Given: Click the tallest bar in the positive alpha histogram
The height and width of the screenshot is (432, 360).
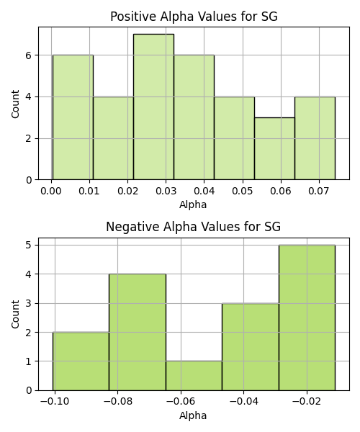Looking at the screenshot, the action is click(x=153, y=107).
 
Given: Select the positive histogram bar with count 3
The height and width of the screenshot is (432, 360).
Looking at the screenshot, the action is click(x=274, y=149).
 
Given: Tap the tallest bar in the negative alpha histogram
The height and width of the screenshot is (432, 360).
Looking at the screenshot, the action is click(x=307, y=318).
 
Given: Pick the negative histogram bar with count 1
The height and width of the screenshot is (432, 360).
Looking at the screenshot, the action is click(x=194, y=376).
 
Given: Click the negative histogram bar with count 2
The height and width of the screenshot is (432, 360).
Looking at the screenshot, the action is click(x=81, y=361).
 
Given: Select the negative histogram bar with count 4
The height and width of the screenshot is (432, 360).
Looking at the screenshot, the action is click(x=138, y=332).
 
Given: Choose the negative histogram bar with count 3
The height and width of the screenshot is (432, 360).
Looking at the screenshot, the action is click(x=251, y=347).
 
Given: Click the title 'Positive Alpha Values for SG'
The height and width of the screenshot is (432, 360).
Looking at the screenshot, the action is click(x=194, y=17).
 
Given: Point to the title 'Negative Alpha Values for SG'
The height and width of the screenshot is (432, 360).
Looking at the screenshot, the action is click(x=194, y=227).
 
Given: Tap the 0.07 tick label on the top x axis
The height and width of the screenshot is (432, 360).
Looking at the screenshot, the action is click(x=319, y=191).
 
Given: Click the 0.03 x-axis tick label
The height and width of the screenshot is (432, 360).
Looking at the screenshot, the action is click(x=166, y=191).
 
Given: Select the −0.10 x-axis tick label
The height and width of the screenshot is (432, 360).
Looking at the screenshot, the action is click(x=55, y=402).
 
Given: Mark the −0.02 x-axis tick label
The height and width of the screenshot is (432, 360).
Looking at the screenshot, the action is click(x=307, y=402).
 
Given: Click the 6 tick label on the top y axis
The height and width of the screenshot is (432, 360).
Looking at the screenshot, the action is click(x=29, y=55).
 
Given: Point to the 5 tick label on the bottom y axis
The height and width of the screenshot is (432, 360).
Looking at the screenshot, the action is click(x=29, y=246).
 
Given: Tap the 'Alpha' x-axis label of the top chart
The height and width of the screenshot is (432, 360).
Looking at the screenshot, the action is click(x=193, y=204).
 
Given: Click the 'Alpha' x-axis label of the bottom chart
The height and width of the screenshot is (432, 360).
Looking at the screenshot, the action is click(x=193, y=415).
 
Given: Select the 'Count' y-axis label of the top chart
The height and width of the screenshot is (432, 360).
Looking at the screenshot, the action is click(x=15, y=104).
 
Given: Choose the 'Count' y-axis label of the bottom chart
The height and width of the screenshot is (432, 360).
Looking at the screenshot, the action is click(x=15, y=315).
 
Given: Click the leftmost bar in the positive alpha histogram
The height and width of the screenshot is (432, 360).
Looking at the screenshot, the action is click(x=73, y=117).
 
